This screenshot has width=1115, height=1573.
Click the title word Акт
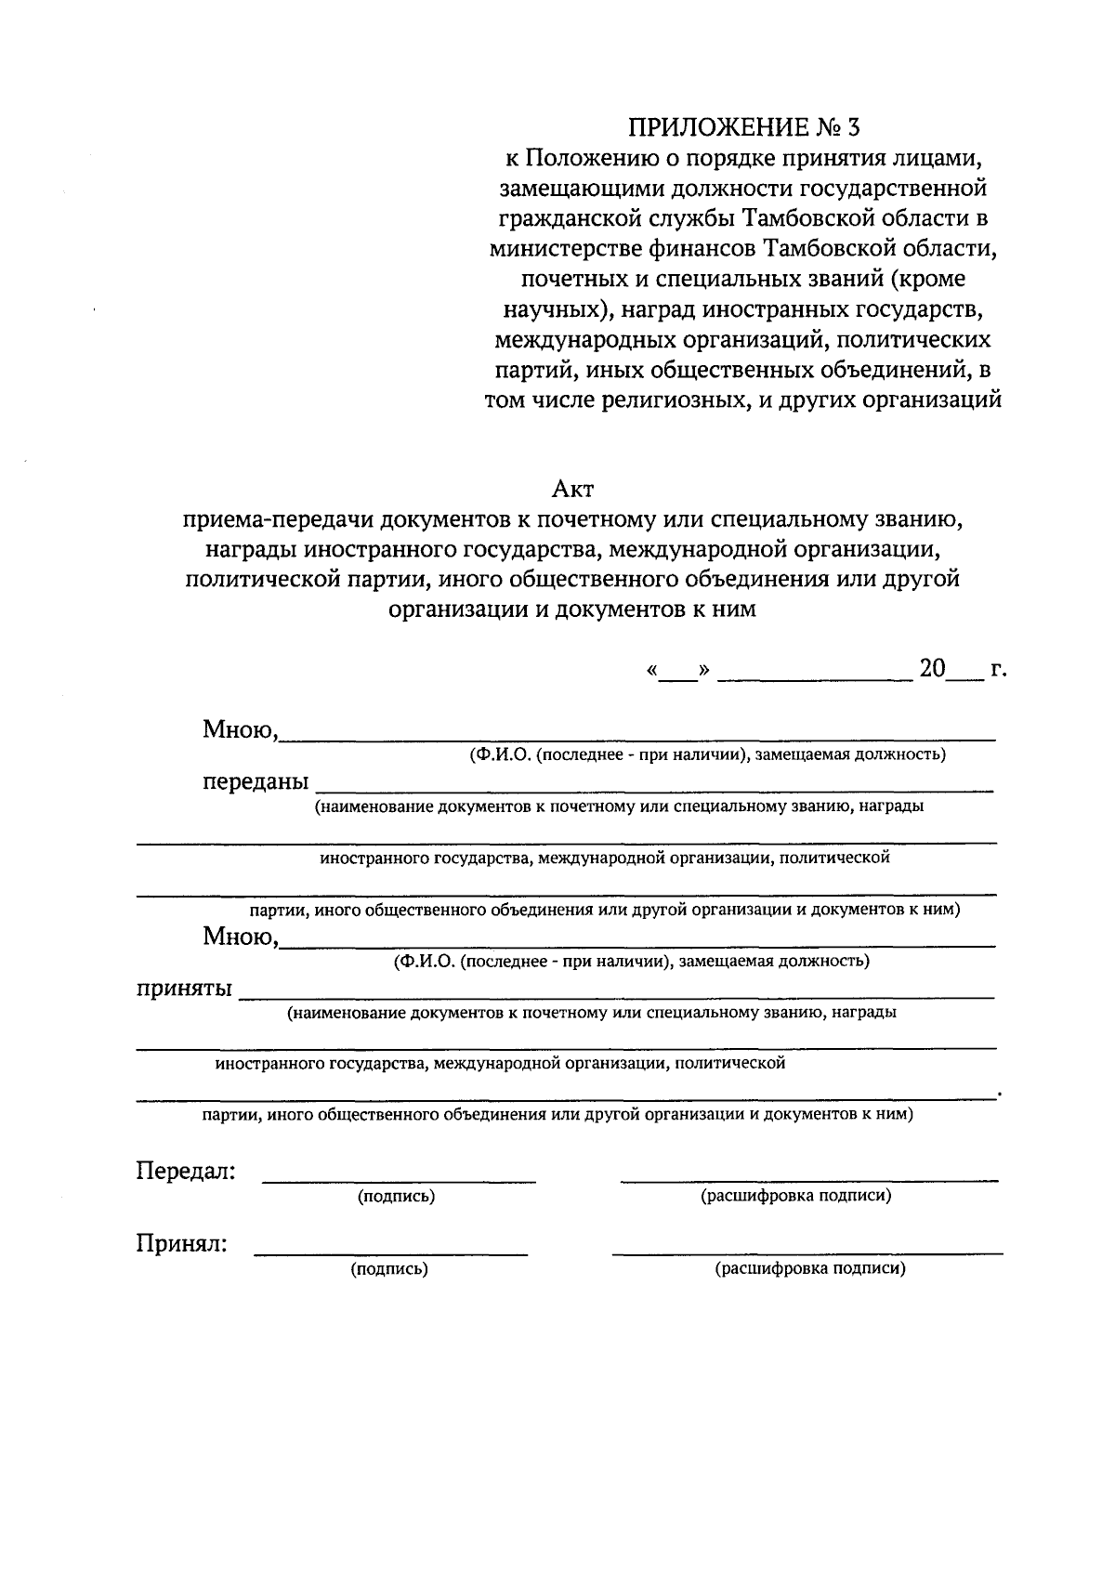pyautogui.click(x=571, y=488)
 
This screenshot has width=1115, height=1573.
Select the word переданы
pyautogui.click(x=256, y=782)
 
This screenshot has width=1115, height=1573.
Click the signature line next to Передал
pyautogui.click(x=399, y=1179)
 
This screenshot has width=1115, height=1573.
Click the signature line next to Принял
pyautogui.click(x=390, y=1252)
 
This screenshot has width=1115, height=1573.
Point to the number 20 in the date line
pyautogui.click(x=932, y=669)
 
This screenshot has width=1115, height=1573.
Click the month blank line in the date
pyautogui.click(x=815, y=677)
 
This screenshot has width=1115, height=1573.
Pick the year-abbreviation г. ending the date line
pyautogui.click(x=998, y=669)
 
